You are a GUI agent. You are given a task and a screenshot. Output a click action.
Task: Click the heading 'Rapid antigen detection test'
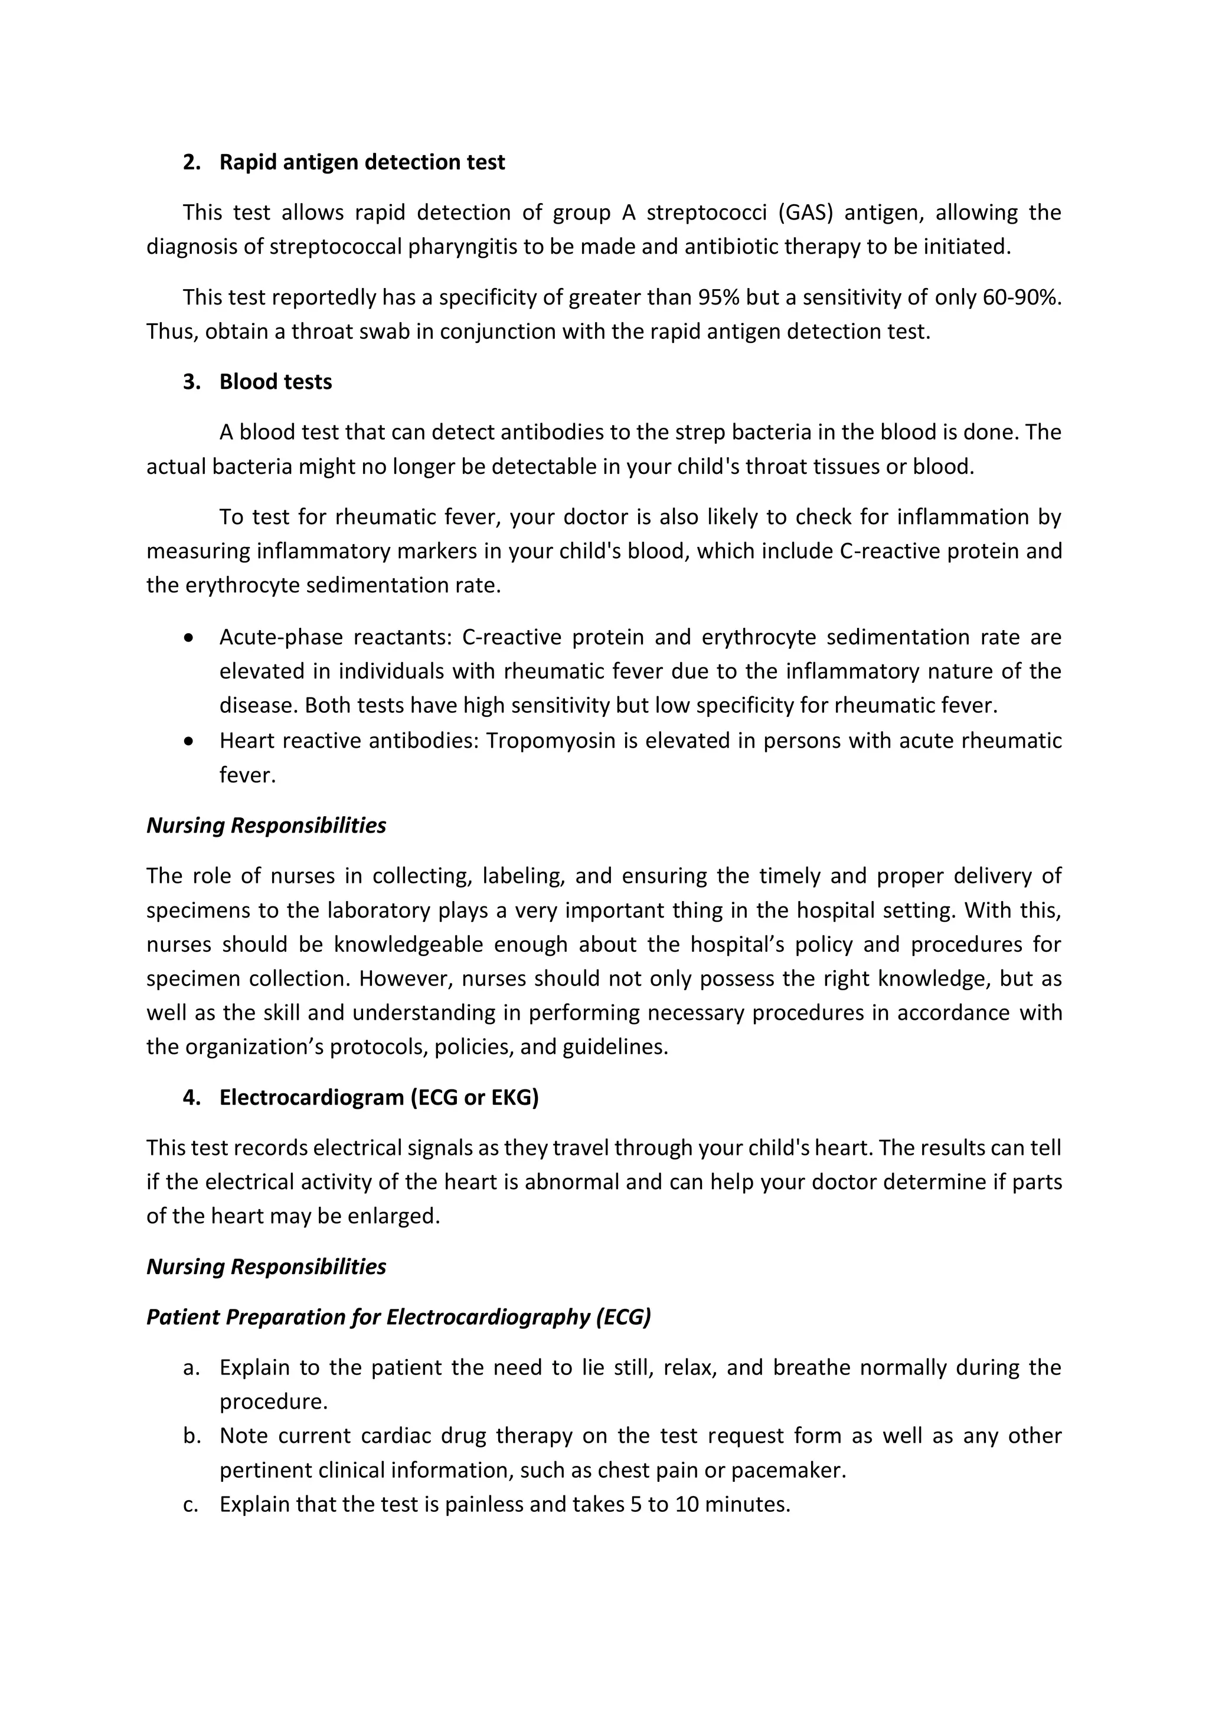pos(362,162)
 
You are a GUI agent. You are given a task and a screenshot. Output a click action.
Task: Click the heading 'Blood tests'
pos(276,382)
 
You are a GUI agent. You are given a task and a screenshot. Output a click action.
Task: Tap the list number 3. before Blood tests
pos(191,382)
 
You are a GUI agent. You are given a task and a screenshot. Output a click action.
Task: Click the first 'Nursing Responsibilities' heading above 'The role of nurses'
pos(266,826)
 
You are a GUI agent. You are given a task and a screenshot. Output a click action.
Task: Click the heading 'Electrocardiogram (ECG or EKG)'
pos(378,1097)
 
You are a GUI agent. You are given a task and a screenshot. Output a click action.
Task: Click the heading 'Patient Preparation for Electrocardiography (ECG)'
pos(398,1318)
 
